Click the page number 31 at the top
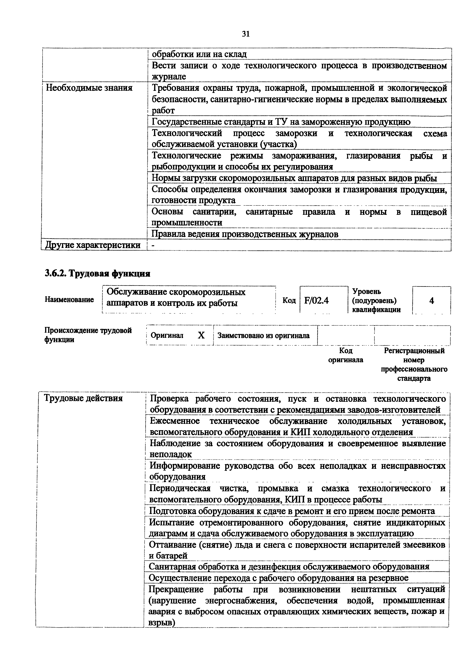coord(246,34)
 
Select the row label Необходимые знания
coord(89,88)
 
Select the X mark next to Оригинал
coord(201,336)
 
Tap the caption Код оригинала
coord(346,355)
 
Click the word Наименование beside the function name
coord(69,299)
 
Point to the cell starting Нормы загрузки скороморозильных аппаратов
coord(294,178)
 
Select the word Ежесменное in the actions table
coord(174,421)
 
